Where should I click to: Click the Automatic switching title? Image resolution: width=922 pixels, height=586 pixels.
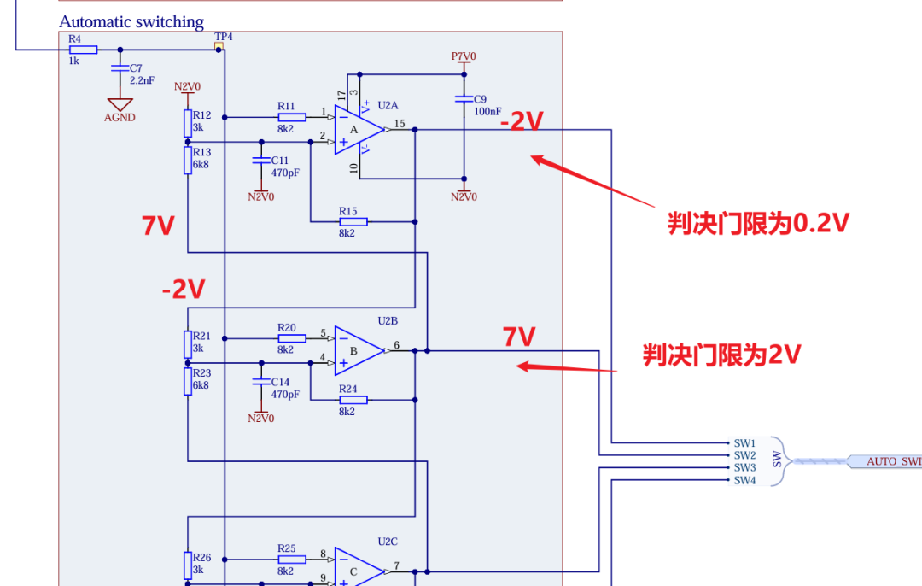pos(131,21)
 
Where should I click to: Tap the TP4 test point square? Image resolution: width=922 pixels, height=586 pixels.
pos(219,46)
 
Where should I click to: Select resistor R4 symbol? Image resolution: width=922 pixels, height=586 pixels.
pos(84,50)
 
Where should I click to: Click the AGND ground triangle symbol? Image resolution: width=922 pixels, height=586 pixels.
pos(120,105)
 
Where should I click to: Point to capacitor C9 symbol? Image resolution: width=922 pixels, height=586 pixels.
pos(464,99)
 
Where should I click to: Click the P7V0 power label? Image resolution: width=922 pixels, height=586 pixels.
pos(464,56)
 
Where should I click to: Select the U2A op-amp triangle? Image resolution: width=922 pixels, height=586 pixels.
pos(359,130)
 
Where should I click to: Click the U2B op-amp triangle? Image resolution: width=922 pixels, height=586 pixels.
pos(359,350)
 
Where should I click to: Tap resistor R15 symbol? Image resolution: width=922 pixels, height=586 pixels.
pos(353,222)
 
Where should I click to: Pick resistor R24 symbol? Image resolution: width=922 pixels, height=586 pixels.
pos(353,400)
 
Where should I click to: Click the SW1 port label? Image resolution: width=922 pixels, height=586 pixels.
pos(744,443)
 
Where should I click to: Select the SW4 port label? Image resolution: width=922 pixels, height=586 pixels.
pos(744,480)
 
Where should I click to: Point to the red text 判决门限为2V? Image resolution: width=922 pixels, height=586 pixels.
pos(722,355)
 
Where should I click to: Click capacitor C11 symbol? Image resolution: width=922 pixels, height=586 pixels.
pos(261,160)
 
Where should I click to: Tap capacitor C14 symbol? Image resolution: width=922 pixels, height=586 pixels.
pos(261,382)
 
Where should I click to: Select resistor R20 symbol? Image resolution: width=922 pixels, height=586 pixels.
pos(292,338)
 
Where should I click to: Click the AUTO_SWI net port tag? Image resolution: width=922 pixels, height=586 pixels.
pos(885,461)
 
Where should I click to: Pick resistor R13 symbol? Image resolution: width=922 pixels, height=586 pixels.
pos(188,160)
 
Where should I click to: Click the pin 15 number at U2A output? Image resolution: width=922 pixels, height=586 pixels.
pos(400,124)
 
